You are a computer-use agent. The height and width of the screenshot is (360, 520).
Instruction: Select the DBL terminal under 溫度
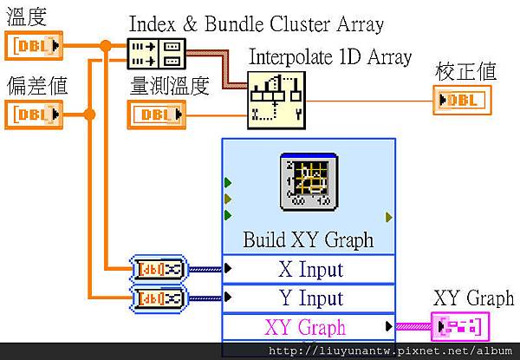32,45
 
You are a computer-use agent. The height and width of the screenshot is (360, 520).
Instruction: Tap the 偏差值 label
36,86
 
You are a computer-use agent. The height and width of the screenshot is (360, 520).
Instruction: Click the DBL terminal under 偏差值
32,113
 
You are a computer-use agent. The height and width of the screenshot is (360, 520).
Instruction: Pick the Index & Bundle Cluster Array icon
156,53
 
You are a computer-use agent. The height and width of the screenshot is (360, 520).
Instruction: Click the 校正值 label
465,71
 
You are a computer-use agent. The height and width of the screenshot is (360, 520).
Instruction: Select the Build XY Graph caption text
308,239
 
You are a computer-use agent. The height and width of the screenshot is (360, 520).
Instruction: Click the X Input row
308,269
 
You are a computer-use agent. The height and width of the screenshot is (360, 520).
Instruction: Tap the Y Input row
308,298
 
